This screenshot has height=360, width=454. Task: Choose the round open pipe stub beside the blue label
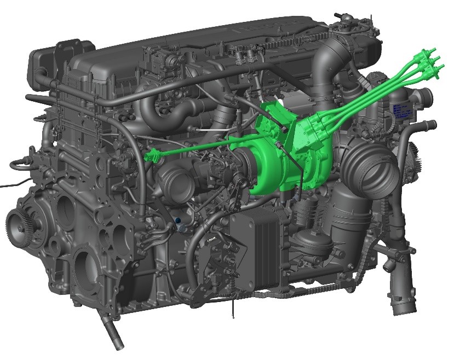(424, 99)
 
